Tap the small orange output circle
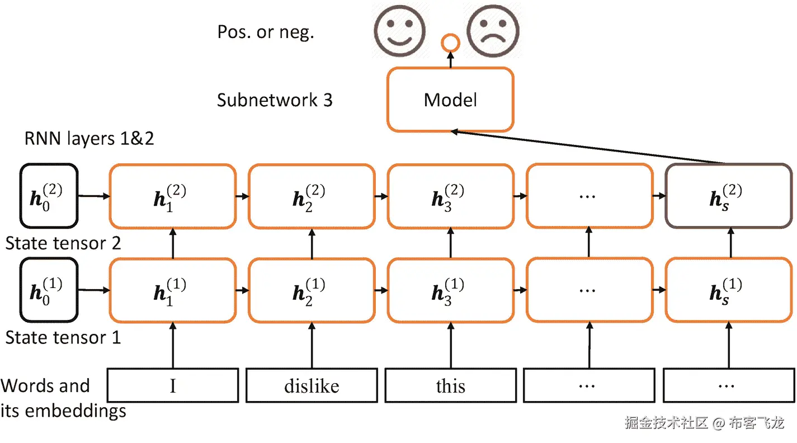pos(450,43)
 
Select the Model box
pos(450,100)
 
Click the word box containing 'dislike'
pos(312,385)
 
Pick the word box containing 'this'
pos(451,385)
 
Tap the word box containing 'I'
pos(173,385)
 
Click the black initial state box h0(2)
pos(48,196)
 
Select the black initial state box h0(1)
pos(48,290)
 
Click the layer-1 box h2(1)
pos(312,290)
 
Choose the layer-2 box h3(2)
pos(451,196)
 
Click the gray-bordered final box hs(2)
pos(728,196)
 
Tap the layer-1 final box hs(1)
pos(728,290)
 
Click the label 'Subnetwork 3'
pos(275,100)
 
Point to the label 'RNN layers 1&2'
pos(89,138)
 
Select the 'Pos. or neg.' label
pos(266,32)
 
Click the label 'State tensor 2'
pos(63,243)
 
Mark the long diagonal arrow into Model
pos(587,147)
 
